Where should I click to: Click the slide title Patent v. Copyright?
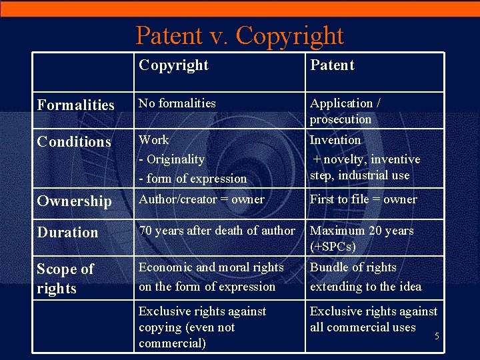239,35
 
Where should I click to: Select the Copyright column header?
173,65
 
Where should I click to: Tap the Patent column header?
332,65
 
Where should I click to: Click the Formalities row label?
76,105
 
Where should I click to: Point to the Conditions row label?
74,141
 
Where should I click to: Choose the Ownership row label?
75,201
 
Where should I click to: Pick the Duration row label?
67,232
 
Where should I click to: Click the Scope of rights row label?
65,279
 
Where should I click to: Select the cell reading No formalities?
177,103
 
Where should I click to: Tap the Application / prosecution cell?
345,111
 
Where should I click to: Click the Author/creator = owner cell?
201,199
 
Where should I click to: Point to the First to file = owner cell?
363,199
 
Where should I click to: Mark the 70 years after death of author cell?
217,231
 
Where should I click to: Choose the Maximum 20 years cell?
362,231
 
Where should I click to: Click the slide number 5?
437,336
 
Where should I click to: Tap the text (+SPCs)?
333,247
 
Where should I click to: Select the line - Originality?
171,159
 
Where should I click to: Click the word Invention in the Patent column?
335,140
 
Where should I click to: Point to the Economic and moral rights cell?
211,277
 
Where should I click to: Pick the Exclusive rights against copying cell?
202,327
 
